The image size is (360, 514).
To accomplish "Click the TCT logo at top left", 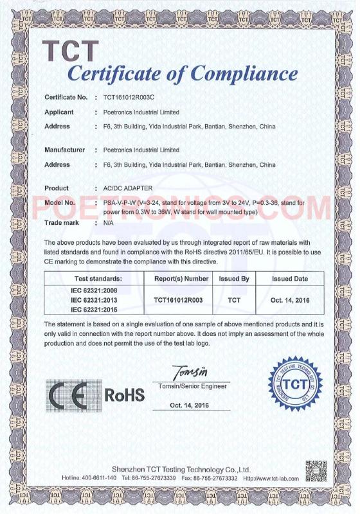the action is click(71, 50).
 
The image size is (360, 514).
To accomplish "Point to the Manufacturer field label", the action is click(65, 150).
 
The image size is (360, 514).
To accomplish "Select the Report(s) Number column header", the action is click(182, 279).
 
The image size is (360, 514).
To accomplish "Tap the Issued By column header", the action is click(234, 279).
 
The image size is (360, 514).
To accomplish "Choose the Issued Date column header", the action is click(290, 279).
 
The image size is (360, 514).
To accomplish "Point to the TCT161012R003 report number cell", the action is click(182, 299).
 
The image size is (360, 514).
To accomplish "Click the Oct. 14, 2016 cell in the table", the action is click(290, 299).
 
